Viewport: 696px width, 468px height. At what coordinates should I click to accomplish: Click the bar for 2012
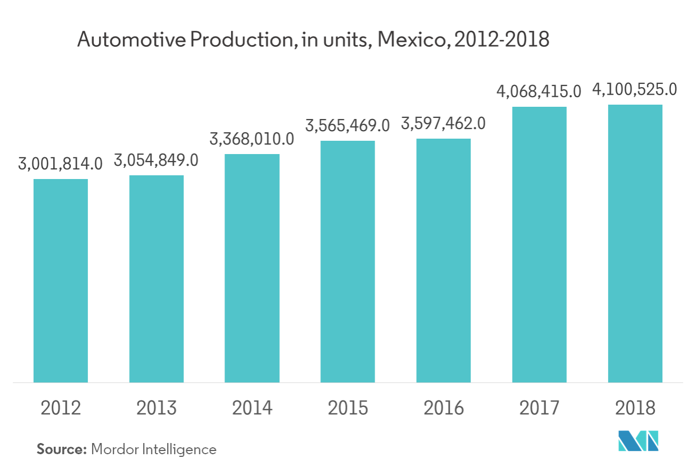(61, 280)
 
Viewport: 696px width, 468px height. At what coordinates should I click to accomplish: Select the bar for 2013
(156, 278)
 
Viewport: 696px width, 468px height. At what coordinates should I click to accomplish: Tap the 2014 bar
(252, 268)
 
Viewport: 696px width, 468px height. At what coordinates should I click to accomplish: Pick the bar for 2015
(347, 261)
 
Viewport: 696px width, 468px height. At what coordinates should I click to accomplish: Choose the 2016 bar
(443, 260)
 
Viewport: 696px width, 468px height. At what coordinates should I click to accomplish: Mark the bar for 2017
(539, 244)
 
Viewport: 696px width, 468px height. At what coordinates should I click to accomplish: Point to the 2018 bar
(635, 243)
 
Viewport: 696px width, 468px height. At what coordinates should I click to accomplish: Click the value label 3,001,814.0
(60, 165)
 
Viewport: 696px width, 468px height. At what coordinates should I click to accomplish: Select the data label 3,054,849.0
(156, 161)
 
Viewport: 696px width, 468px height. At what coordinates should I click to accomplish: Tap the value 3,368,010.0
(252, 140)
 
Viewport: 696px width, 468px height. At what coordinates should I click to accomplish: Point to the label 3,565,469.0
(347, 126)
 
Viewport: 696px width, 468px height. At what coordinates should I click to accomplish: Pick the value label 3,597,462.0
(443, 124)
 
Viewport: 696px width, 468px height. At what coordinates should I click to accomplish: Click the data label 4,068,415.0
(538, 92)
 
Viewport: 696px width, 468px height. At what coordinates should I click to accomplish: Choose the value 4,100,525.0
(635, 90)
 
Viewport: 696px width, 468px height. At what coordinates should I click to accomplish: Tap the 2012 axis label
(61, 408)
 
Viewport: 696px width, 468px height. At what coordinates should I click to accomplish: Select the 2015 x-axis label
(347, 408)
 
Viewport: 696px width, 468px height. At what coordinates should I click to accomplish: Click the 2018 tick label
(635, 408)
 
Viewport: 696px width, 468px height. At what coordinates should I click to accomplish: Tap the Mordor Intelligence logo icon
(637, 441)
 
